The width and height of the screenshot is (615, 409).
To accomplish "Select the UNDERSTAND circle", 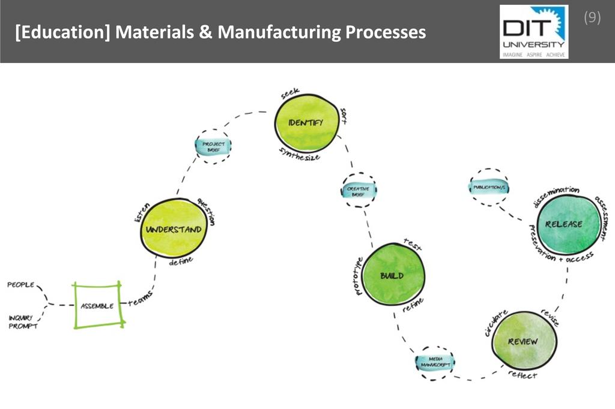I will coord(174,229).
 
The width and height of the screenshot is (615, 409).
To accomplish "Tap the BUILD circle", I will coord(393,275).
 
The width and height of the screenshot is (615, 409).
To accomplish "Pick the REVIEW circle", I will coord(523,341).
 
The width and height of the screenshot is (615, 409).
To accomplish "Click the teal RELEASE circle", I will coord(564,224).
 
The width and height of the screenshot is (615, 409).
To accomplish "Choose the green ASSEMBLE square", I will coord(98,305).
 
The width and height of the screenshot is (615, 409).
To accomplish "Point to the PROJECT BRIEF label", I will coord(213,147).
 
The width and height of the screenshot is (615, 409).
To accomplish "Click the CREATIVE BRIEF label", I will coord(358,191).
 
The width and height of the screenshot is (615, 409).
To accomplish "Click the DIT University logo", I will coord(533,32).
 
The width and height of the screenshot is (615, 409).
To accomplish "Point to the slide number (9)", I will coord(592,17).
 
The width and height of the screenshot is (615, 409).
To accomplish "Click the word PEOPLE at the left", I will coord(21,285).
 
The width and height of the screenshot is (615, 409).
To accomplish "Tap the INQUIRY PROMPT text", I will coord(23,322).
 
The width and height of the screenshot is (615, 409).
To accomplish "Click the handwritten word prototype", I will coord(358,276).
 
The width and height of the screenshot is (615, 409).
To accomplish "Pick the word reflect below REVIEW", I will coord(523,375).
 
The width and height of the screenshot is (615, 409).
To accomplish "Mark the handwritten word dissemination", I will coord(556,196).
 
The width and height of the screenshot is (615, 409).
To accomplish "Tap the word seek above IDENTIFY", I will coord(291,95).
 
